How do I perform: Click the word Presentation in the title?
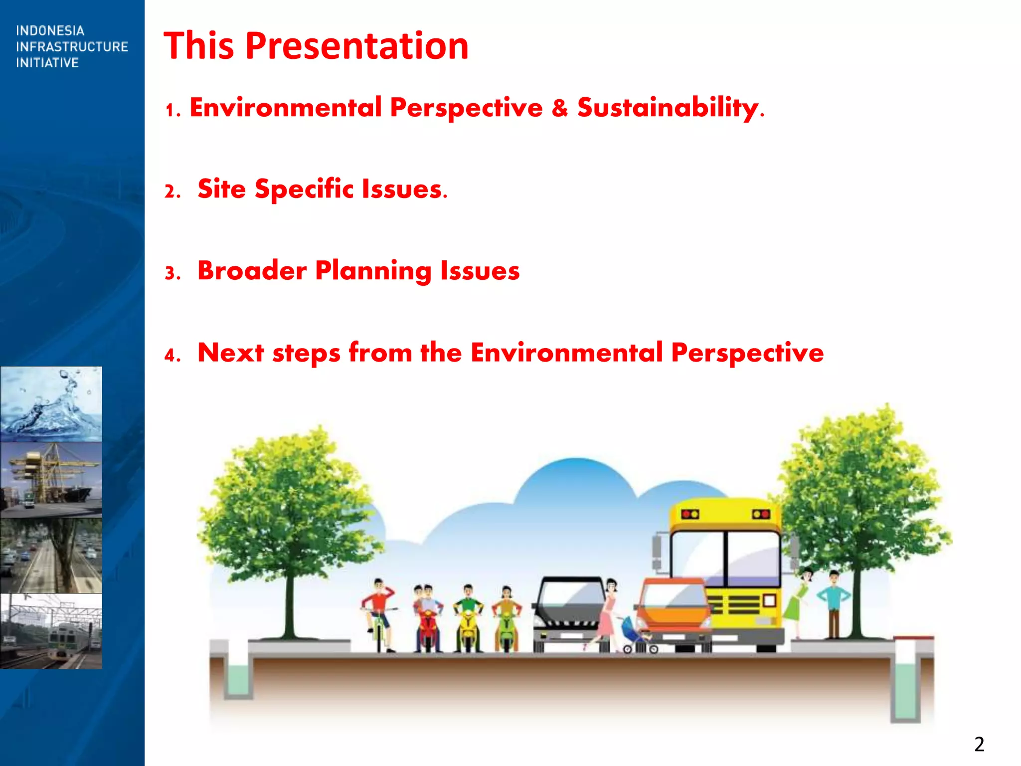[x=357, y=46]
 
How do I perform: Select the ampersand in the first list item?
[x=560, y=108]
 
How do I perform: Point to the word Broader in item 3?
[x=252, y=271]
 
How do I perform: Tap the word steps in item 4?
[x=306, y=354]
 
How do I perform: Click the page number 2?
[x=979, y=744]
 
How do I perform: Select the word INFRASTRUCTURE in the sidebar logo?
[x=72, y=47]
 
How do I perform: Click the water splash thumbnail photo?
[x=51, y=404]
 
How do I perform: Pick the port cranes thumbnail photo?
[x=51, y=480]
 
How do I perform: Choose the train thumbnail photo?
[x=51, y=631]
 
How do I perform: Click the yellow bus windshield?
[x=725, y=558]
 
